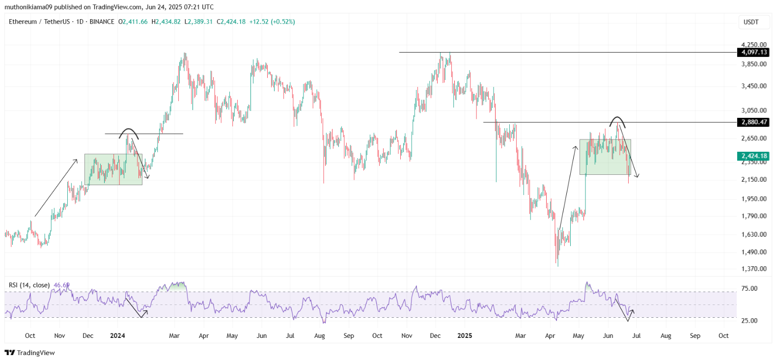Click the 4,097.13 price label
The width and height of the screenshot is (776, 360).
[x=753, y=53]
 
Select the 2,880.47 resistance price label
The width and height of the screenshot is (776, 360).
[x=753, y=122]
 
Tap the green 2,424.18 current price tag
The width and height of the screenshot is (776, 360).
[x=753, y=156]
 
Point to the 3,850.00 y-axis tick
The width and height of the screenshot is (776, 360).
[x=754, y=64]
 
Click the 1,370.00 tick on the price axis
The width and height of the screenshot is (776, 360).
[x=754, y=269]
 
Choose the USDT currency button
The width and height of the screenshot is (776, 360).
[x=751, y=22]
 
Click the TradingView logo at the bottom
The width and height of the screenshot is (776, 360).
[x=30, y=353]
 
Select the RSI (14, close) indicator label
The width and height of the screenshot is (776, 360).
[x=29, y=285]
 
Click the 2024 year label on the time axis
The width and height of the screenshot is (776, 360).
[x=117, y=335]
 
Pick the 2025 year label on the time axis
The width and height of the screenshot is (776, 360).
[x=465, y=335]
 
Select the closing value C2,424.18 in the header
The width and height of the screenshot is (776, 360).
[x=231, y=22]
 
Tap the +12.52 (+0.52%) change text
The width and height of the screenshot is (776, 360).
[x=272, y=22]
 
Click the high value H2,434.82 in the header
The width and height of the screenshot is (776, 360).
[x=166, y=22]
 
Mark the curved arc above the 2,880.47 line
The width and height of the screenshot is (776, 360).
[x=617, y=117]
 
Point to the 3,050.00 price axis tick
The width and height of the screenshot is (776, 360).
[x=754, y=111]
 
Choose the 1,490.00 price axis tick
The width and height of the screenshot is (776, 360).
[x=754, y=252]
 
